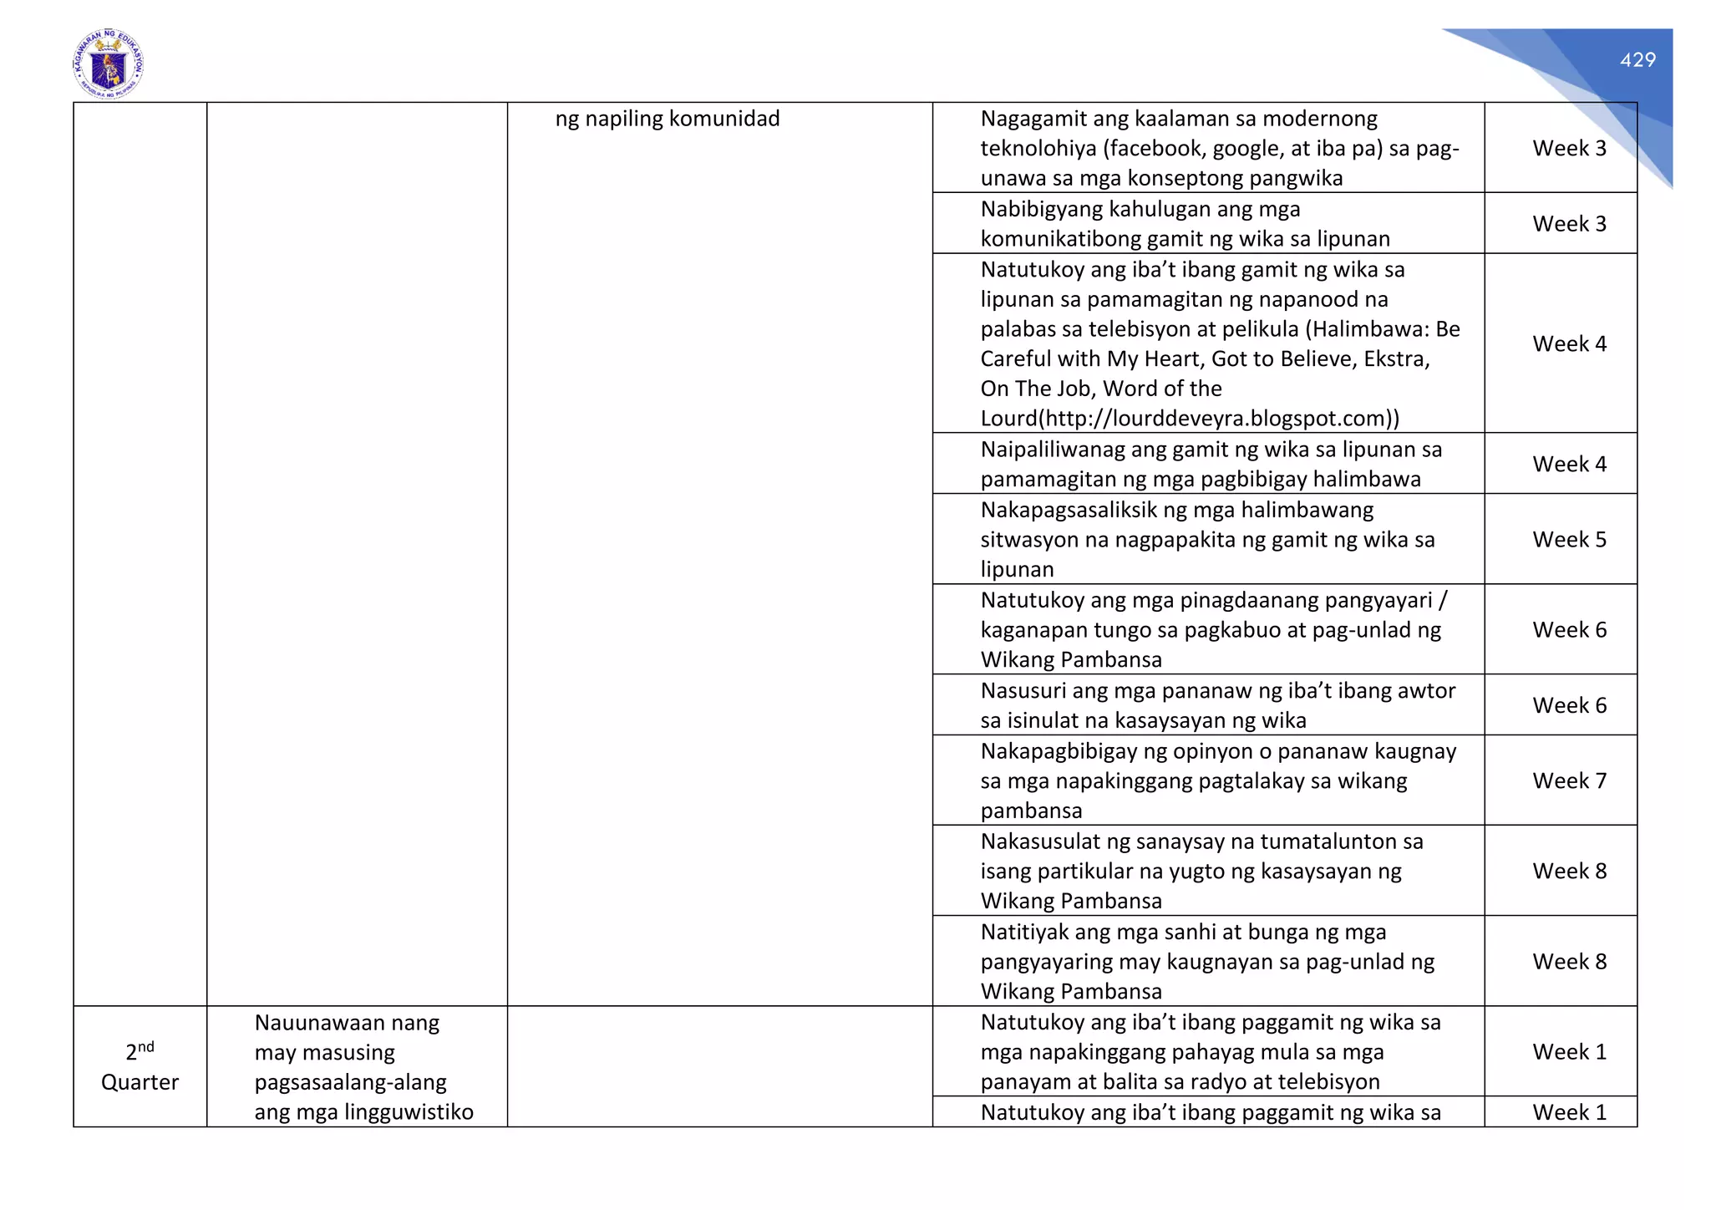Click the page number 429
[x=1637, y=60]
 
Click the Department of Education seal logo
[x=108, y=64]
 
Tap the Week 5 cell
[x=1569, y=540]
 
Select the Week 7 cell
[x=1569, y=781]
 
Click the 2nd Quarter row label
[x=140, y=1067]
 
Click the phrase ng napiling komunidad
[x=667, y=119]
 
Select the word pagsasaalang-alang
[x=350, y=1083]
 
